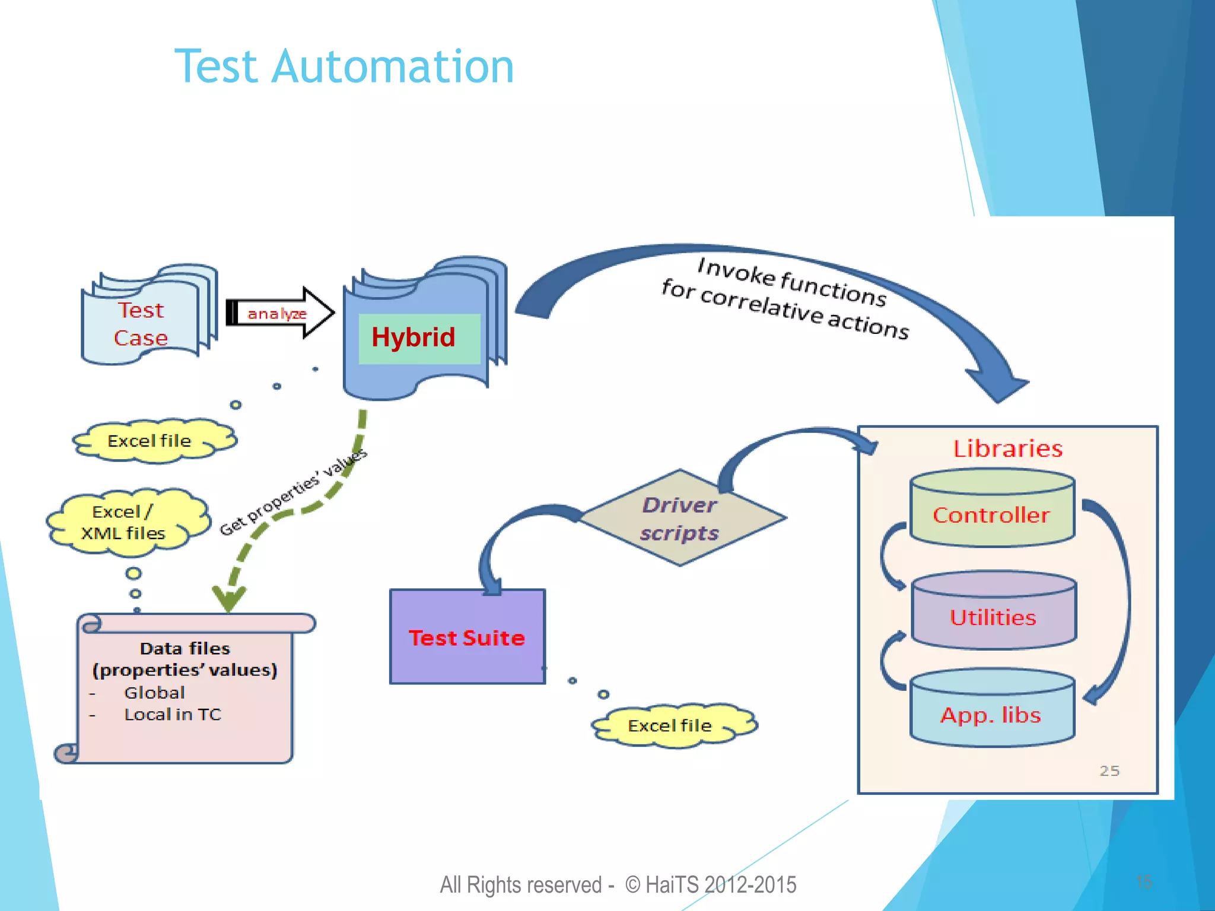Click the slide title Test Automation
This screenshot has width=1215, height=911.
click(344, 66)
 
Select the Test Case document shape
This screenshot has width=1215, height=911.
click(142, 323)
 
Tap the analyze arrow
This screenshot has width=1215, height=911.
click(279, 313)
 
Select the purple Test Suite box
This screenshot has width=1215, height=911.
click(467, 637)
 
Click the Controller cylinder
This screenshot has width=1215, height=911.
click(991, 514)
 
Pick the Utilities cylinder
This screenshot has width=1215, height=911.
click(993, 617)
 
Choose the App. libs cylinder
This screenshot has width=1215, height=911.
click(991, 714)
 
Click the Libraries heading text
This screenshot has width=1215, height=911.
click(1007, 448)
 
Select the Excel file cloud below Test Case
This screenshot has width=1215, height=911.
click(151, 441)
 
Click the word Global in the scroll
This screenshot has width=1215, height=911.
click(154, 693)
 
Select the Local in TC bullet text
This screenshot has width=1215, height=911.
click(172, 715)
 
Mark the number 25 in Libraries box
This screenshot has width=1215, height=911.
click(1109, 770)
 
